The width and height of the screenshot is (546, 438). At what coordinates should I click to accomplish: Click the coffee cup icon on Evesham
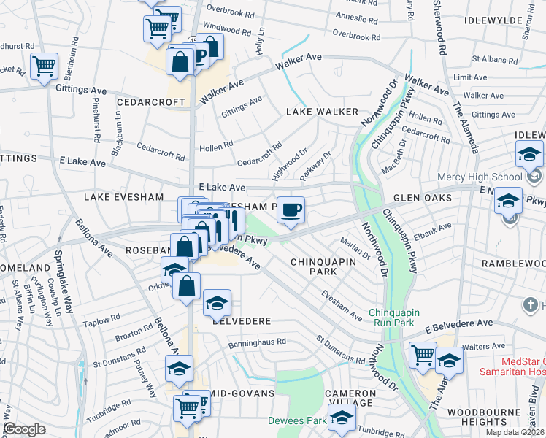coord(291,210)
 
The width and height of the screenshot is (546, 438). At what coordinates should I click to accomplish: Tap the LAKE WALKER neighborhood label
coord(322,112)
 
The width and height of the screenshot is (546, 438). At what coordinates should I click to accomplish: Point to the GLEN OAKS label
coord(423,199)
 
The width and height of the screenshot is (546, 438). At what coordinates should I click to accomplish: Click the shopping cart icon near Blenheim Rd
coord(45,66)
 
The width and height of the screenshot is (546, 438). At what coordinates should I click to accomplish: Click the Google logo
coord(24,429)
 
